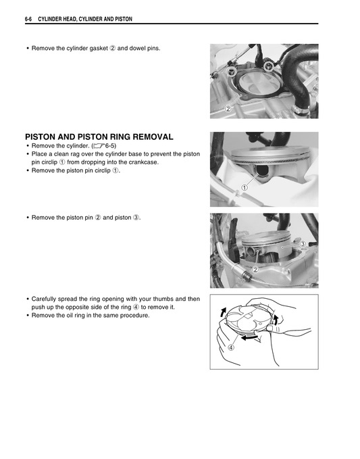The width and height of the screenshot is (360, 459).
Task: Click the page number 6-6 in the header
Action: click(x=29, y=19)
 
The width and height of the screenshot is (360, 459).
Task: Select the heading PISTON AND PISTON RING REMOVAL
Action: click(x=99, y=136)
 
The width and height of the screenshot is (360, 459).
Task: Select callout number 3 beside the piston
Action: click(x=303, y=243)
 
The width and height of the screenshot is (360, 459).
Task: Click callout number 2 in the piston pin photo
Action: click(x=255, y=270)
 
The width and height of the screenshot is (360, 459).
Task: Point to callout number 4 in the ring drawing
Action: click(x=230, y=348)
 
